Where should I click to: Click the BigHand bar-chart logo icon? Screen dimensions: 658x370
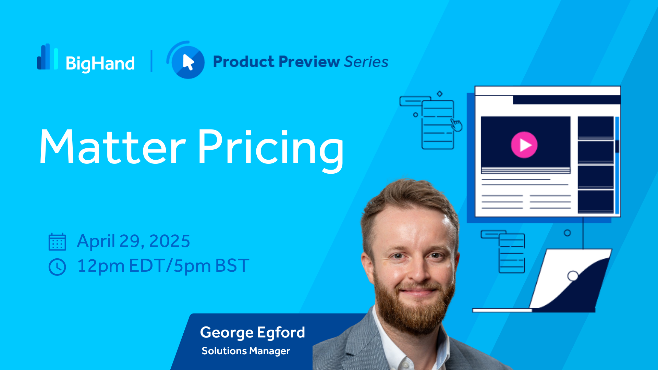(x=48, y=57)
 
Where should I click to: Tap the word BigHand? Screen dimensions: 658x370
(x=100, y=64)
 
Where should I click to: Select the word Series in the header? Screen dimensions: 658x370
(x=366, y=62)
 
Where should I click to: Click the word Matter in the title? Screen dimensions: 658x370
(x=113, y=147)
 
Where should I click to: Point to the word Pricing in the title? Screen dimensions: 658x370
(x=271, y=151)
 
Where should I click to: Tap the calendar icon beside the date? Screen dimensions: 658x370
(x=57, y=242)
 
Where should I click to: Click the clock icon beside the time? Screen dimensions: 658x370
(x=57, y=267)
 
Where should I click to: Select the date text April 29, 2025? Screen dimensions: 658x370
(x=134, y=241)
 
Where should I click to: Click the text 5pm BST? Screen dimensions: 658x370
(x=211, y=266)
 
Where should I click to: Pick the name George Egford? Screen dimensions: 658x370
(x=253, y=333)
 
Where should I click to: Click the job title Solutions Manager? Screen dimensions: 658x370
(x=246, y=351)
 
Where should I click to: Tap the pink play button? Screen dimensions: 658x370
(x=524, y=145)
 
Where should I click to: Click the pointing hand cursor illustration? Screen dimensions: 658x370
(x=456, y=125)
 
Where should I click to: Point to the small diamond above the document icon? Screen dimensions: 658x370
(x=440, y=94)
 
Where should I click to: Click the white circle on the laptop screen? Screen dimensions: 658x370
(x=573, y=276)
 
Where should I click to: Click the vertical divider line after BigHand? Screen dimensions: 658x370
(x=151, y=61)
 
